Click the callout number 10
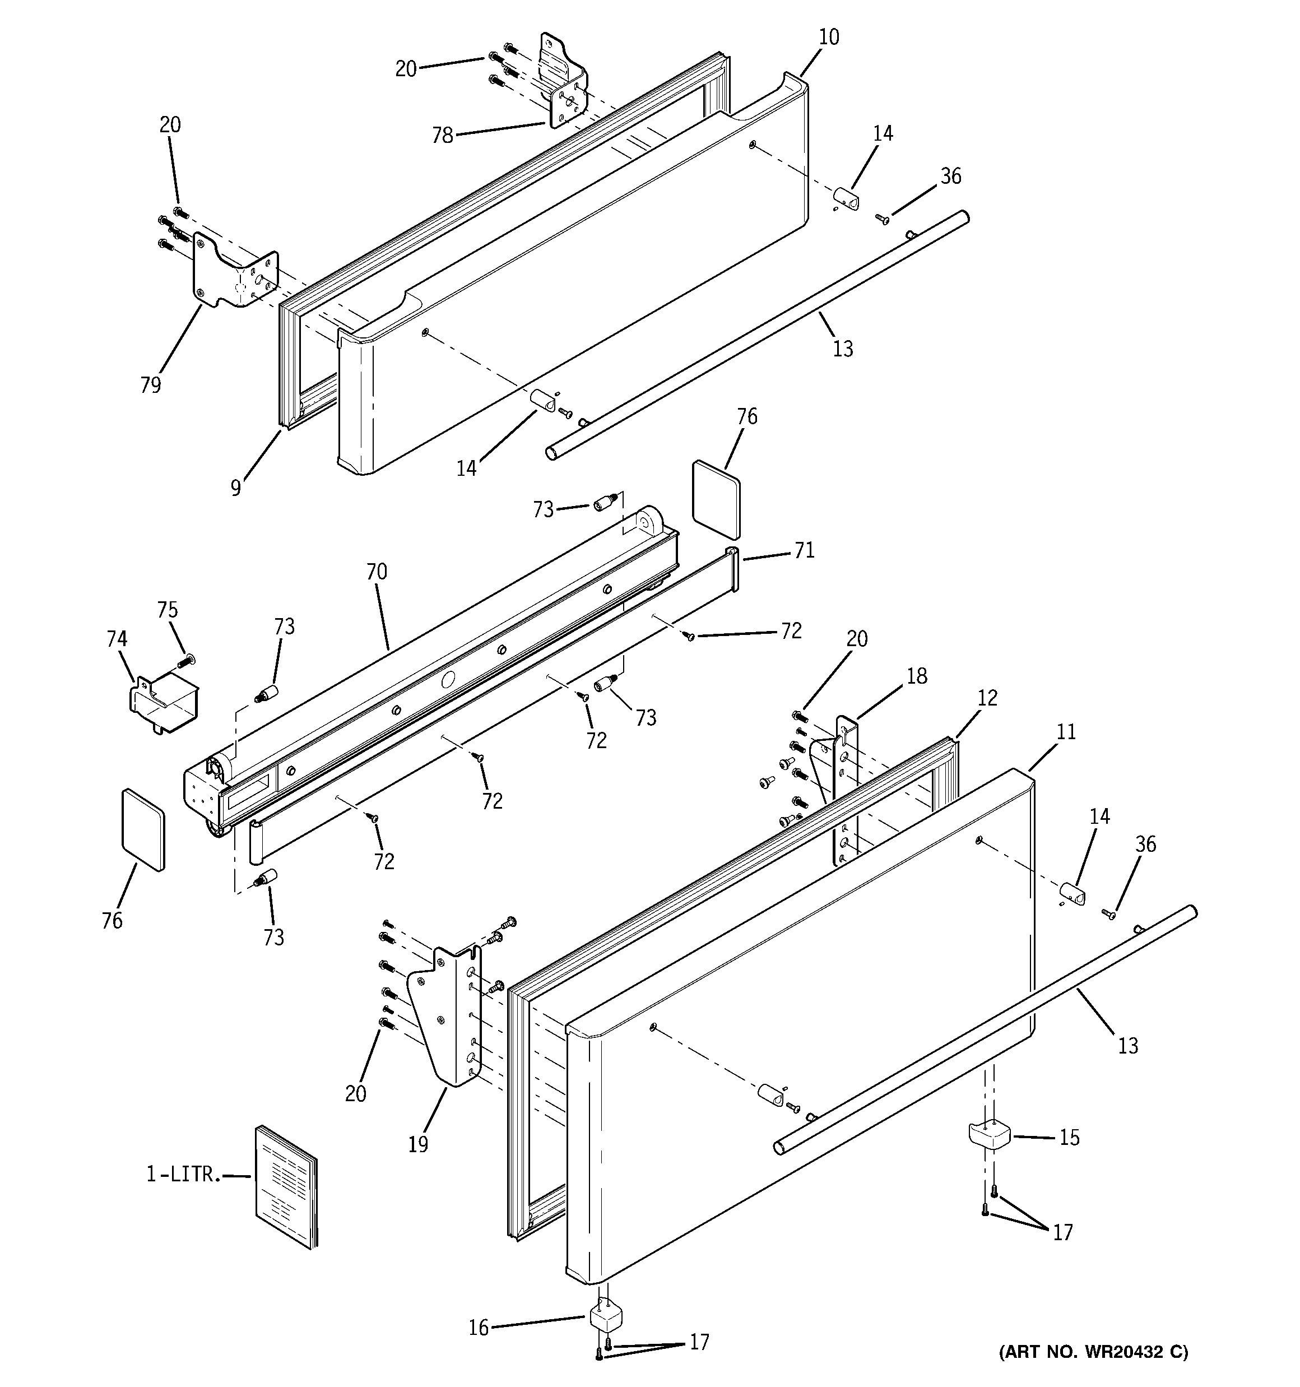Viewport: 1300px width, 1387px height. click(x=828, y=36)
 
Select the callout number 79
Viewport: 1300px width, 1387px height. click(x=150, y=385)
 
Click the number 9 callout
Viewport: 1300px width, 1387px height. click(x=236, y=488)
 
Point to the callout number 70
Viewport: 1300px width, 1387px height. click(x=376, y=572)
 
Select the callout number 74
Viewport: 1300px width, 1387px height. click(x=117, y=638)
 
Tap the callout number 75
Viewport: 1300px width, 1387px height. click(x=167, y=610)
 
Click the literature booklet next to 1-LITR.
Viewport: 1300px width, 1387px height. click(x=286, y=1186)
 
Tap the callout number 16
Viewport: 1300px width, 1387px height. click(x=479, y=1327)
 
